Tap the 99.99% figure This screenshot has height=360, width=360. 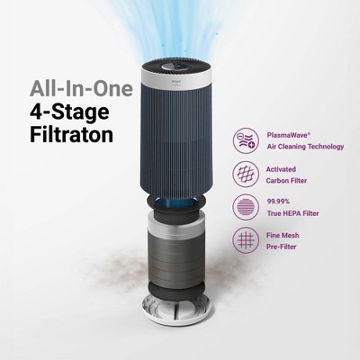[x=281, y=202]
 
